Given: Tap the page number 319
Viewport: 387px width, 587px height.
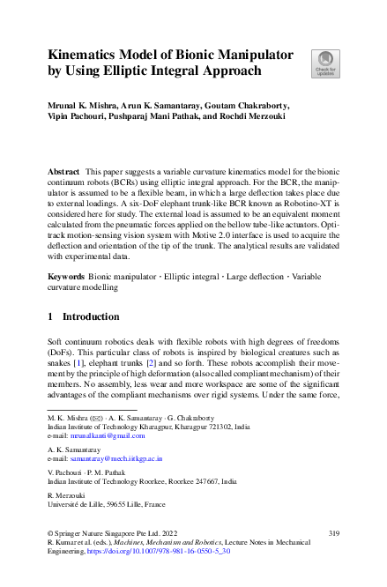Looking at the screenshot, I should pyautogui.click(x=333, y=533).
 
